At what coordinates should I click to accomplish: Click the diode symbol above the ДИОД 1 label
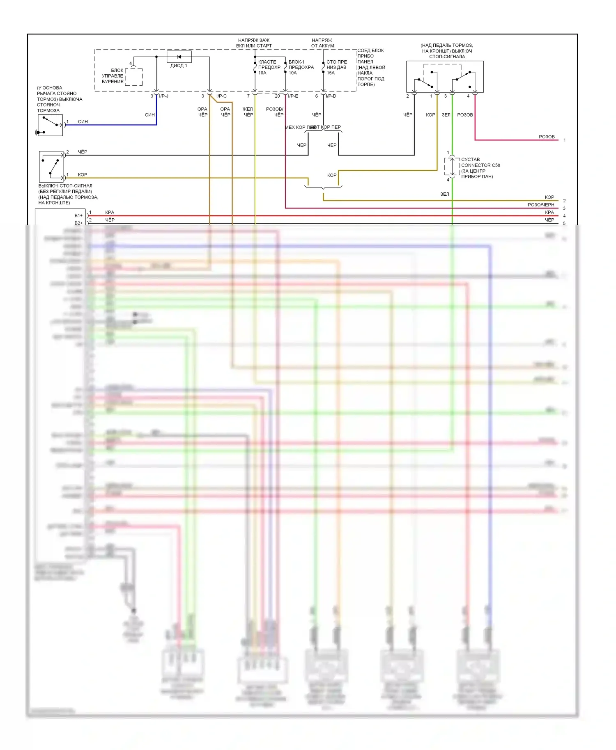point(179,57)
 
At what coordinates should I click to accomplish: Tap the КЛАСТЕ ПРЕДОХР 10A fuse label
point(269,67)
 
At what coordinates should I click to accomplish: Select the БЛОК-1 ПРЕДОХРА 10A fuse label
point(301,67)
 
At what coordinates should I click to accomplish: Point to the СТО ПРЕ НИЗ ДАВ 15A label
point(336,67)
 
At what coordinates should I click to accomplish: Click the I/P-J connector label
point(163,96)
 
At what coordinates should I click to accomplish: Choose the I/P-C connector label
point(221,96)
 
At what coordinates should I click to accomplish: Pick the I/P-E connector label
point(293,96)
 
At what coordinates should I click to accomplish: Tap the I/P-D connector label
point(331,96)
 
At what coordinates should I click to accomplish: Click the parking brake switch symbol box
point(50,125)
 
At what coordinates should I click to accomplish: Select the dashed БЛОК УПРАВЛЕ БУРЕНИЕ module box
point(133,77)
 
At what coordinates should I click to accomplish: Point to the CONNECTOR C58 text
point(480,165)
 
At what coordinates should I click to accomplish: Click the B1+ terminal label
point(78,215)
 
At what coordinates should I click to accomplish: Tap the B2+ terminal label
point(78,223)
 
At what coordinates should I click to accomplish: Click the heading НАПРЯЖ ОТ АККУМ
point(322,43)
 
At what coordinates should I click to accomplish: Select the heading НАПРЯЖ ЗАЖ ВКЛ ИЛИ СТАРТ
point(254,43)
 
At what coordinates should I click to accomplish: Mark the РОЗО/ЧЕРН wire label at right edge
point(541,205)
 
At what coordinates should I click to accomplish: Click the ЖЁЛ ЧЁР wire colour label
point(248,112)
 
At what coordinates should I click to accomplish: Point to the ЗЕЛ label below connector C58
point(445,194)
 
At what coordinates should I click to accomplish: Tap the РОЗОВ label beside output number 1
point(547,137)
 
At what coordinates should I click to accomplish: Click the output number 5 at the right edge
point(564,224)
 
